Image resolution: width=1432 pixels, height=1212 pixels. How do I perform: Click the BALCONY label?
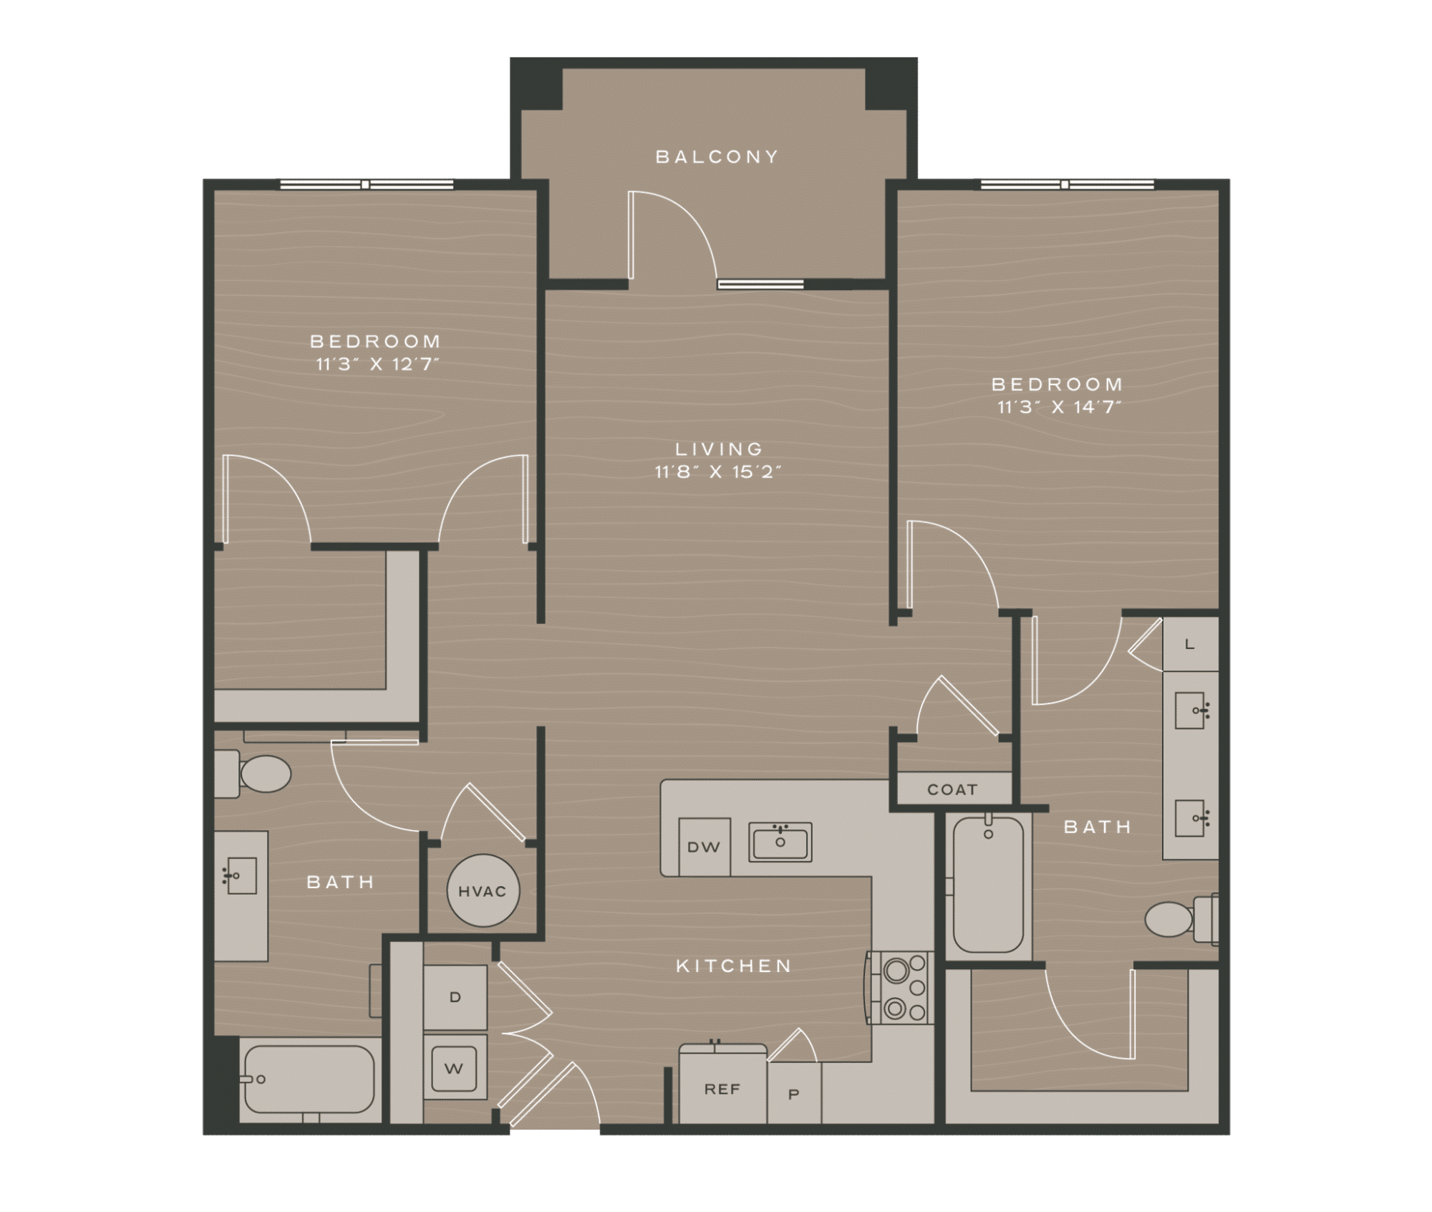[x=717, y=157]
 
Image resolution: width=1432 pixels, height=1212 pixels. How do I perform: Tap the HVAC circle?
[x=482, y=891]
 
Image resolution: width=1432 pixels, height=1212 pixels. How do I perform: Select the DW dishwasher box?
[x=704, y=847]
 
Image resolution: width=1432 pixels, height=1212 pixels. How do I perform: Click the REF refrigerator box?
[x=722, y=1089]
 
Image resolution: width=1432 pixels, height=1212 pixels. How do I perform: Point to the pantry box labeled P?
[x=793, y=1094]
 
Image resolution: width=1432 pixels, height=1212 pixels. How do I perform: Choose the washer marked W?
[x=454, y=1069]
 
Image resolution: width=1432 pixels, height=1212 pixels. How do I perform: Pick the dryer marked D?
[x=455, y=997]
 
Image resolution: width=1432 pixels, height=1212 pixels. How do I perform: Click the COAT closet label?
[x=952, y=789]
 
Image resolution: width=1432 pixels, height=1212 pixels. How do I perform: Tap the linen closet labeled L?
[x=1189, y=644]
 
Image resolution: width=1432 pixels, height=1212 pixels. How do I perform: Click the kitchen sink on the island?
[x=780, y=842]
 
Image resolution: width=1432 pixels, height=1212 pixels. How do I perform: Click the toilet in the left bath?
[x=254, y=774]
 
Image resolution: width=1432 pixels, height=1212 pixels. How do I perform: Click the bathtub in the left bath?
[x=309, y=1079]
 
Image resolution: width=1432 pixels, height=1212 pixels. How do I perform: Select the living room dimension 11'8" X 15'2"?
[x=717, y=472]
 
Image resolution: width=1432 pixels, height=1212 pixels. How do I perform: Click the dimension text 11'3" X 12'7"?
[x=377, y=365]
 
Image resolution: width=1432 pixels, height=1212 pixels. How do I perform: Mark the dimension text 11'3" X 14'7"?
[x=1058, y=408]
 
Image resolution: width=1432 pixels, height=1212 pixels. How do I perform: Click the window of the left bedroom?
[x=366, y=185]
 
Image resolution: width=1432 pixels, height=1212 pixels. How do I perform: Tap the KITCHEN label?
[x=733, y=966]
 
